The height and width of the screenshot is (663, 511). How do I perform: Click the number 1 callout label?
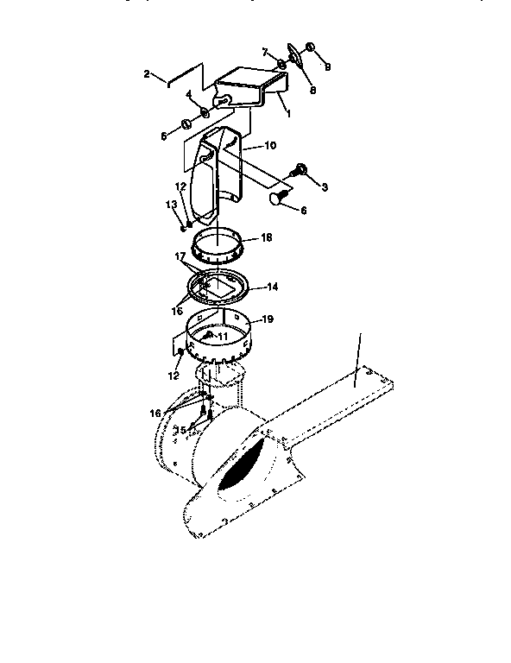(287, 113)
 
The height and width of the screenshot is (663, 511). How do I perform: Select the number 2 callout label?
(148, 74)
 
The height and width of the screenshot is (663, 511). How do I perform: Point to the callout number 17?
(180, 256)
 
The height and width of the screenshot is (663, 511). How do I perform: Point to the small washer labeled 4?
(205, 113)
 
